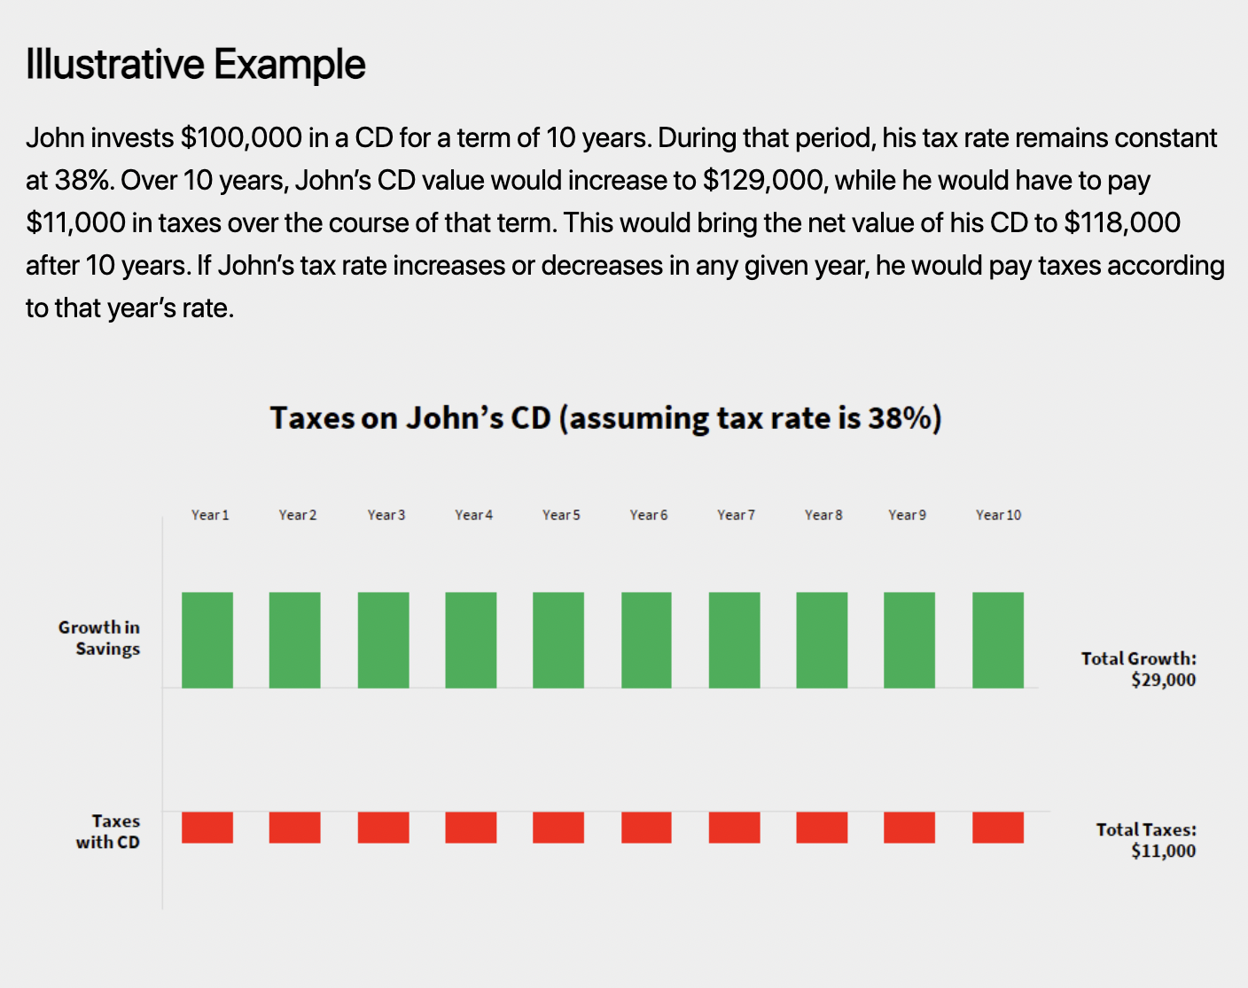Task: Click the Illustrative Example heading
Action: point(196,65)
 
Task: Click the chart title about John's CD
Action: point(605,417)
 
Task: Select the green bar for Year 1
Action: point(207,640)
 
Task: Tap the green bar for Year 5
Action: point(558,640)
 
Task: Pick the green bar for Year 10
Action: point(997,640)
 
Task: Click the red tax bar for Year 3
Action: point(383,828)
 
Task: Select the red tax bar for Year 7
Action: point(734,828)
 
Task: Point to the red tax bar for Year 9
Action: point(909,828)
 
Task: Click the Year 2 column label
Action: point(297,515)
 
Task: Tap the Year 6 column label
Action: point(648,515)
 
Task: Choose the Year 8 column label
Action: point(823,515)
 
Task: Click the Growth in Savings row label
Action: point(99,638)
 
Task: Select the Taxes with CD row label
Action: point(107,832)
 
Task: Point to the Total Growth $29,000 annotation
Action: point(1139,669)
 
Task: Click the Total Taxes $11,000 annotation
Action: point(1146,840)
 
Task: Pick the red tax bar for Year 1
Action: point(207,828)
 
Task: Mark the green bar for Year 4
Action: point(471,640)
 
